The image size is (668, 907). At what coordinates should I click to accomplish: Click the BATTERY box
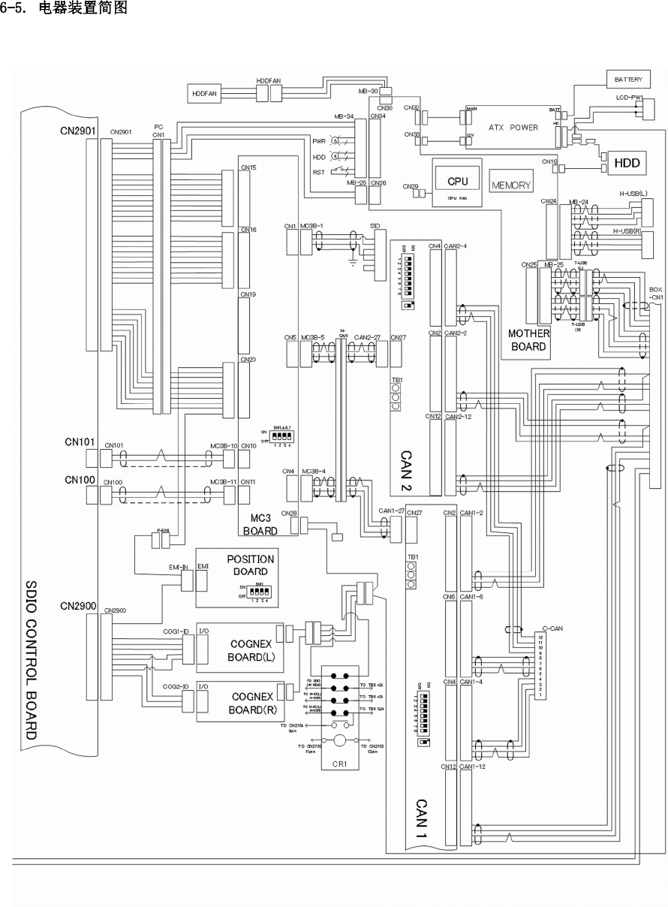pyautogui.click(x=628, y=79)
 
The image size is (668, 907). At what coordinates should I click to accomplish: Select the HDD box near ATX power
pyautogui.click(x=627, y=162)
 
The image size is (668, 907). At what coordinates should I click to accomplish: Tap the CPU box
pyautogui.click(x=458, y=182)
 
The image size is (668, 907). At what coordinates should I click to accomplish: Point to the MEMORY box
pyautogui.click(x=512, y=185)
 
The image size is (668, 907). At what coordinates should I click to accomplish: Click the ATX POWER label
pyautogui.click(x=513, y=128)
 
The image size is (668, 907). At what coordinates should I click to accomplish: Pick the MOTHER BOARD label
pyautogui.click(x=529, y=339)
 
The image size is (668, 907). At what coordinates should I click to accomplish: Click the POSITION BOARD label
pyautogui.click(x=250, y=565)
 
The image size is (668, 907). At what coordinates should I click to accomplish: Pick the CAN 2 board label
pyautogui.click(x=406, y=469)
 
